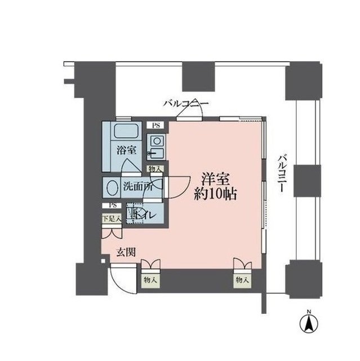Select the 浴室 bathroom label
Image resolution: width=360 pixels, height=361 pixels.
[126, 151]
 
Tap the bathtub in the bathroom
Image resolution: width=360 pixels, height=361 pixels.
[125, 133]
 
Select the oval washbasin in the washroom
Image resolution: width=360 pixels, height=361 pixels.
[112, 187]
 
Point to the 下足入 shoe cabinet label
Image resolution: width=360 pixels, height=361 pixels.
[110, 217]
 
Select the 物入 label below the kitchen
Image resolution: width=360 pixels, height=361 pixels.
[155, 168]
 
